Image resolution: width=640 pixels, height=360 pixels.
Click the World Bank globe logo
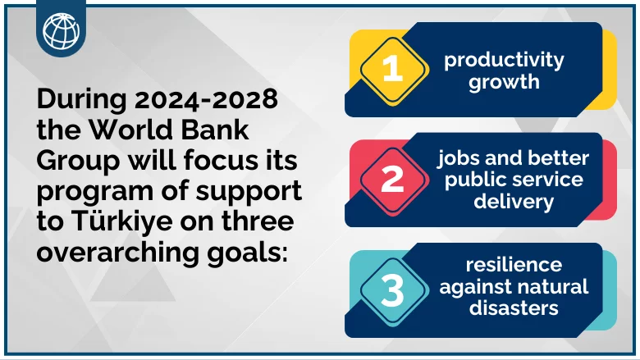(62, 30)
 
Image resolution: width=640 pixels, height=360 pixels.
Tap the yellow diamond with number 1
(393, 70)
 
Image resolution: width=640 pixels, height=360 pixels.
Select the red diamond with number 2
(393, 180)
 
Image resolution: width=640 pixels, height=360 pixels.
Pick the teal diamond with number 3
(393, 290)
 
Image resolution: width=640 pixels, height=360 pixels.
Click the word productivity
(504, 61)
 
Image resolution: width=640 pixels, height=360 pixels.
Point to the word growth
(504, 82)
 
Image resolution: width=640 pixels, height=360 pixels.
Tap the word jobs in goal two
(454, 158)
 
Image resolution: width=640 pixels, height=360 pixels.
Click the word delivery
(514, 202)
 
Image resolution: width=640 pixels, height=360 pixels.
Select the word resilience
(514, 265)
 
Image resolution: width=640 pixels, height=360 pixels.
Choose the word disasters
(514, 308)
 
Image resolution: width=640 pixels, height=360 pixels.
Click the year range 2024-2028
(206, 99)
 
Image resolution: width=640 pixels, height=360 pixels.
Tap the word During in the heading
(82, 100)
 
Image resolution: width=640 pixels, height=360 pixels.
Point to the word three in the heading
(258, 221)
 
